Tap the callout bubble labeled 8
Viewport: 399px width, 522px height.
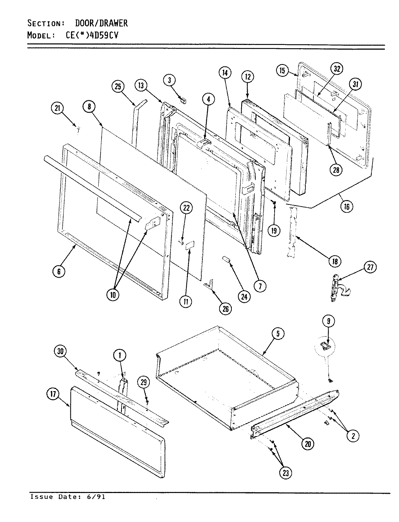pos(89,107)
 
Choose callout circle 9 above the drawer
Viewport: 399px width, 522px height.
pos(328,321)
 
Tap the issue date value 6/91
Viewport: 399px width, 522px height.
pos(98,497)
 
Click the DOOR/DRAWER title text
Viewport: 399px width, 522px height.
pos(101,24)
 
